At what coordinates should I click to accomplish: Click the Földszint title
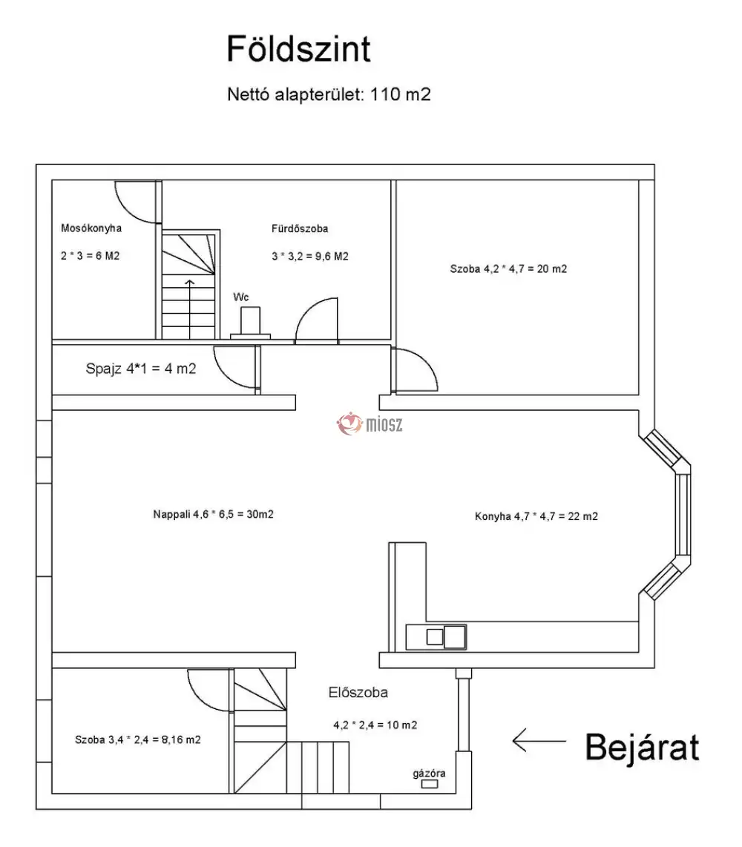click(x=298, y=50)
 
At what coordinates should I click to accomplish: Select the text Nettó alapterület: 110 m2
click(x=329, y=95)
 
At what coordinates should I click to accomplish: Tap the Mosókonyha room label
click(x=91, y=228)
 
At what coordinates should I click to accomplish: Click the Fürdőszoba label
click(x=300, y=229)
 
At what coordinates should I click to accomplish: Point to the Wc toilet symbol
click(x=250, y=324)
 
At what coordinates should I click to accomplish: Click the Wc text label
click(x=241, y=297)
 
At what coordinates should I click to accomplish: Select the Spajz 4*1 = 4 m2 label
click(x=141, y=368)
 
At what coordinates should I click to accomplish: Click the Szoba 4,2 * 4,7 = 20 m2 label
click(x=508, y=269)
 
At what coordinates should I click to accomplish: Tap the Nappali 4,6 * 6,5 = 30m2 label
click(x=214, y=514)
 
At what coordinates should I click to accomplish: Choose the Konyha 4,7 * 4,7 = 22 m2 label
click(x=536, y=516)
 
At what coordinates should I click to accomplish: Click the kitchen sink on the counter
click(x=445, y=636)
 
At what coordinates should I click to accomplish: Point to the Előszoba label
click(x=358, y=693)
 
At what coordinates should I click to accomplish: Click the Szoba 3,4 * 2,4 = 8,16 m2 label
click(x=138, y=739)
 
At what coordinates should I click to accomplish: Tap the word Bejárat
click(x=642, y=748)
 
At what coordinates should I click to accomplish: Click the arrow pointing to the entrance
click(x=540, y=739)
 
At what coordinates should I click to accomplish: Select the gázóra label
click(x=429, y=774)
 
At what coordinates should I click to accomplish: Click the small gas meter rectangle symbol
click(x=429, y=784)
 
